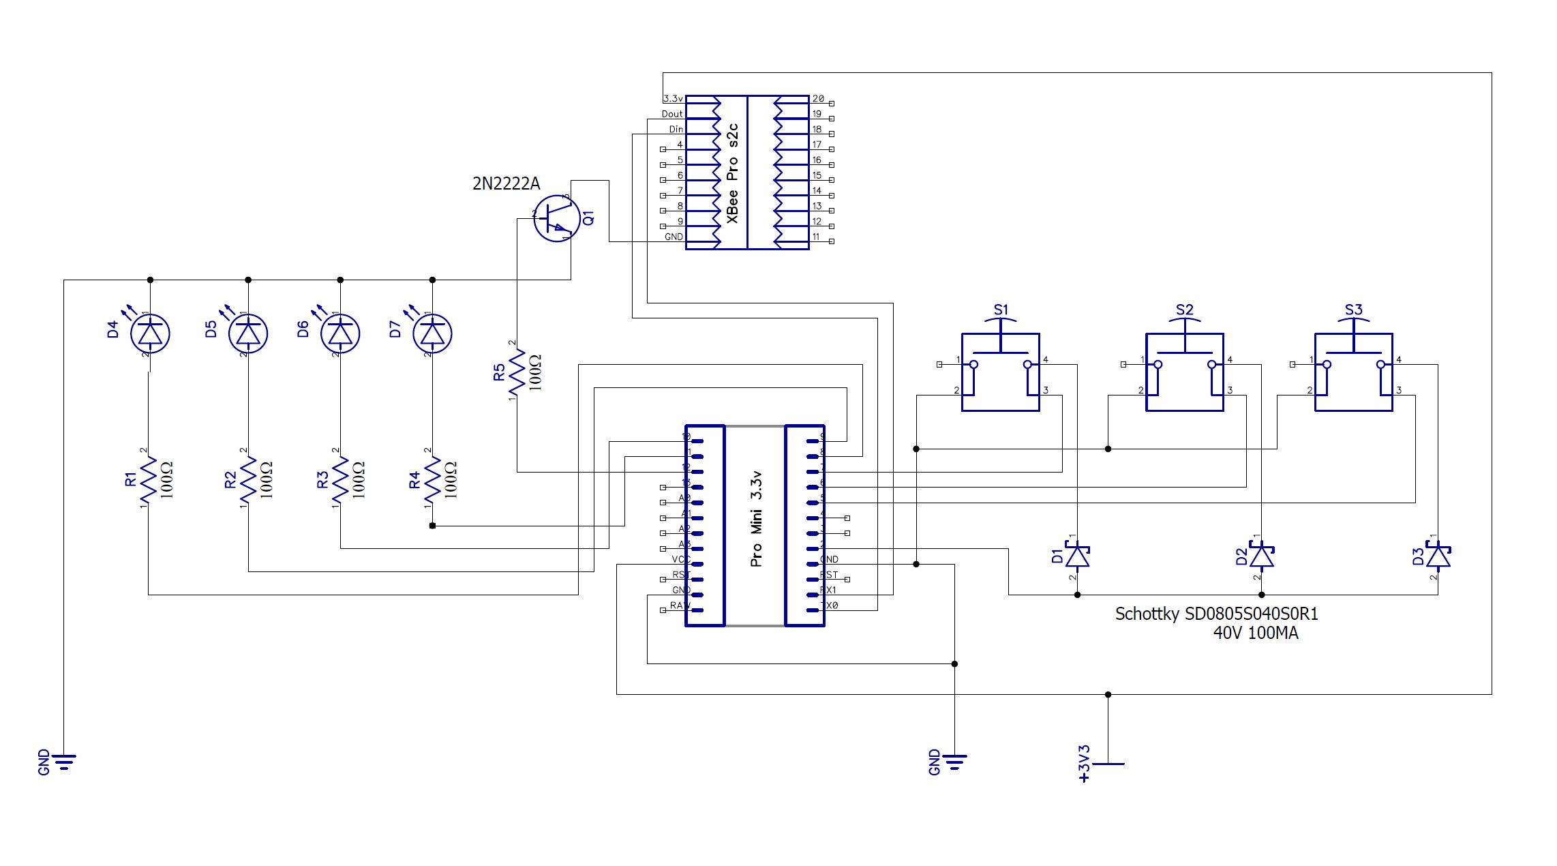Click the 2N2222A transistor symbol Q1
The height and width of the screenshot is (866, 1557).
click(x=556, y=218)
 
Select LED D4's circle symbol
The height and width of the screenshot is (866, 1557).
click(x=150, y=333)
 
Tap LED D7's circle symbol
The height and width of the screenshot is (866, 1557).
click(x=433, y=333)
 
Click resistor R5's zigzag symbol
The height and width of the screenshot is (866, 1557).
click(x=517, y=372)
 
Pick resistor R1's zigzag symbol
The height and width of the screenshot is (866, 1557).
click(x=149, y=481)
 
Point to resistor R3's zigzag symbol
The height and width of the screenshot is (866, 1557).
click(x=340, y=481)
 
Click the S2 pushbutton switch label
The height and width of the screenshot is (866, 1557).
click(x=1185, y=310)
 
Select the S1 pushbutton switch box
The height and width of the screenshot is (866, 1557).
click(x=1000, y=372)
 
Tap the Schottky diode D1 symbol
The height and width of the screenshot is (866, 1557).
click(x=1077, y=556)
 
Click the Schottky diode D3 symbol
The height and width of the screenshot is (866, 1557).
click(x=1438, y=556)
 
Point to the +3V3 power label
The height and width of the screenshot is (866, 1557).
click(x=1085, y=764)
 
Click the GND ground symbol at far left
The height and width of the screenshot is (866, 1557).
click(x=63, y=760)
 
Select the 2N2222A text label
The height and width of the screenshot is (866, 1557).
click(x=506, y=183)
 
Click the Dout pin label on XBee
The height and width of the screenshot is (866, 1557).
click(x=671, y=114)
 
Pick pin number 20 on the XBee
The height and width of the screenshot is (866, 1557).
click(x=817, y=99)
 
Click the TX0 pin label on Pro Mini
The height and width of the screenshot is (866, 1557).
click(x=829, y=606)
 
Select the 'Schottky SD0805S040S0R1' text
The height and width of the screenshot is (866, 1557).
click(x=1216, y=614)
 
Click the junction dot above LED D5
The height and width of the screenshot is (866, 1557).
click(x=248, y=280)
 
